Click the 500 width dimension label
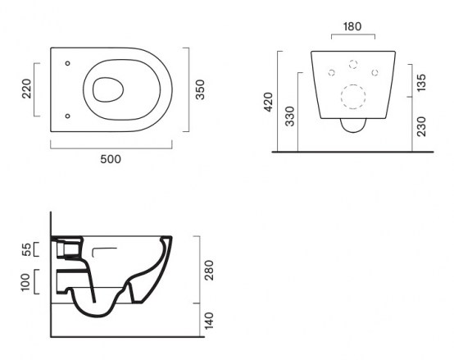111,159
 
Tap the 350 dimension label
200,89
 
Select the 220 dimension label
27,89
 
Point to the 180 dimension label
352,26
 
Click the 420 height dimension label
269,102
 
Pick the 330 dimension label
289,116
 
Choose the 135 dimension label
421,83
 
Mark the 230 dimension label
421,126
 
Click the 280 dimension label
209,271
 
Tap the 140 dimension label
209,321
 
